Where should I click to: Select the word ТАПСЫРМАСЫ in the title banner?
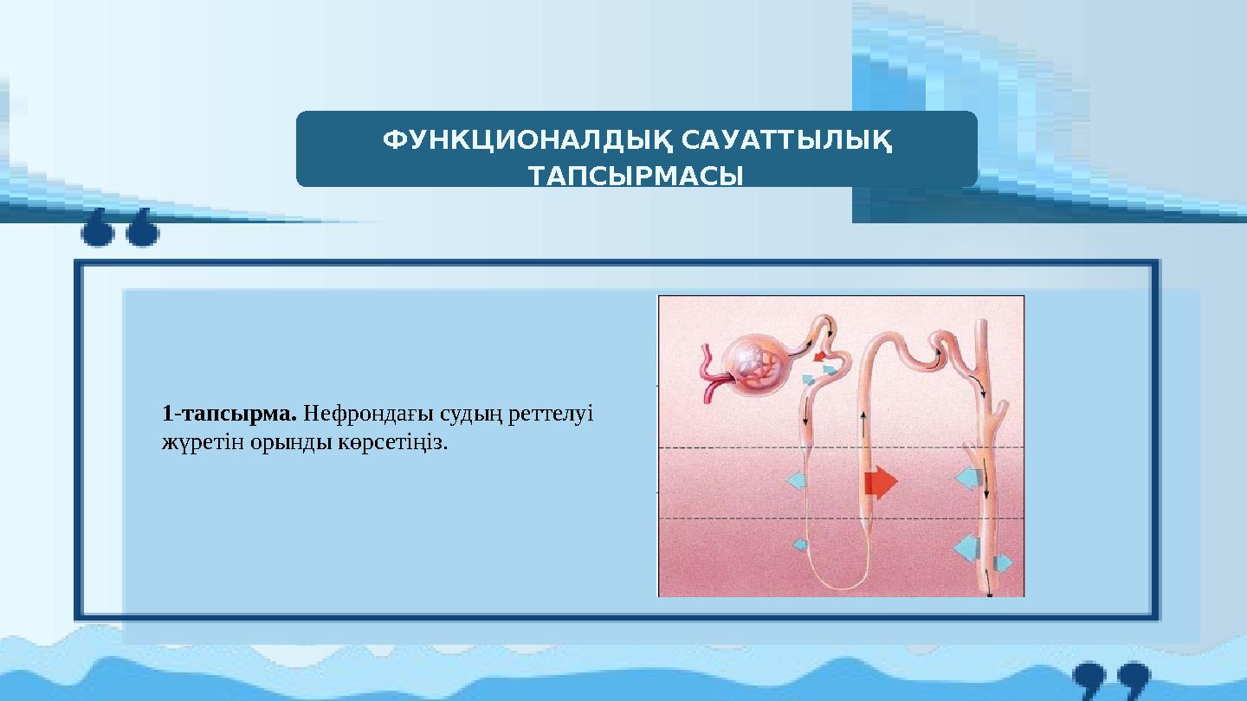(636, 177)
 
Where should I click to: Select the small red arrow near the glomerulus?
(820, 355)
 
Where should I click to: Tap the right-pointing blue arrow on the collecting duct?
(1003, 564)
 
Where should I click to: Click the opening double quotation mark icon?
(120, 227)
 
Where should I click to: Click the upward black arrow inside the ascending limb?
(864, 425)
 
